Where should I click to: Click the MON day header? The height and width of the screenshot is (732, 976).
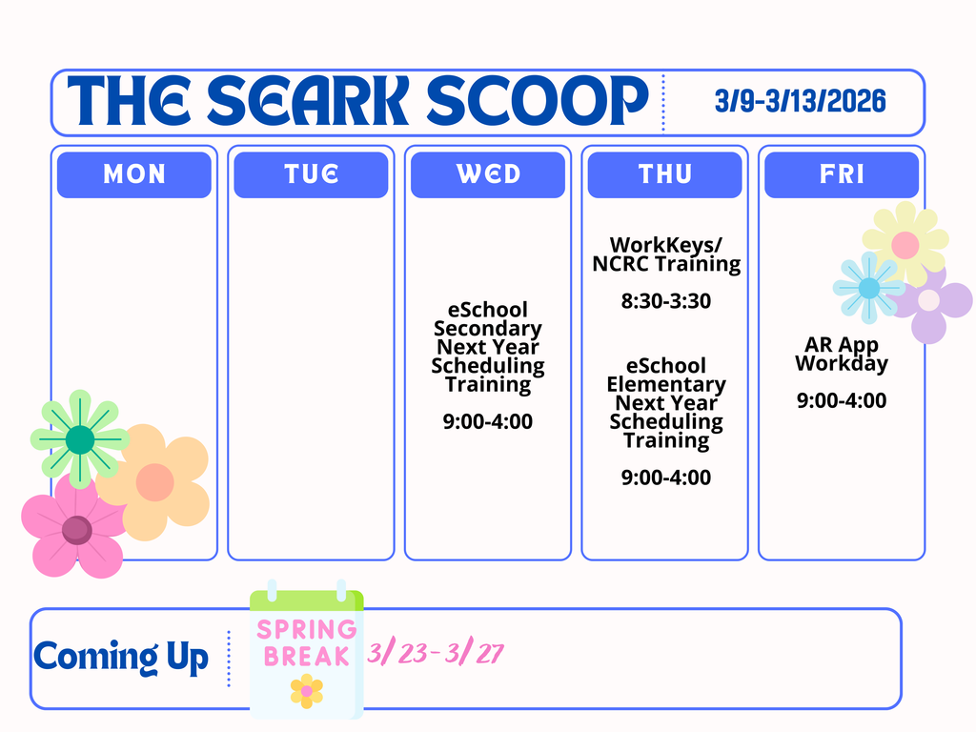pos(133,174)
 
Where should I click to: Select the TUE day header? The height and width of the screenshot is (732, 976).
pos(311,174)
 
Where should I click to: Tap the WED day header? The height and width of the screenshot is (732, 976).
pos(488,174)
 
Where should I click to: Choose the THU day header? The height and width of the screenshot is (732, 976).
pos(664,174)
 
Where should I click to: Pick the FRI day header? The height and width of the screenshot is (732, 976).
pos(842,174)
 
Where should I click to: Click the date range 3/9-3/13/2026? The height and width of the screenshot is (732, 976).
pos(800,101)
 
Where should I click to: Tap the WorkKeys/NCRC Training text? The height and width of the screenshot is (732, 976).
pos(666,254)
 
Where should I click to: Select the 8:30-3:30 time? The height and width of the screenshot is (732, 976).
pos(666,302)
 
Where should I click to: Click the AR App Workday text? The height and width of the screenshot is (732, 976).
pos(842,355)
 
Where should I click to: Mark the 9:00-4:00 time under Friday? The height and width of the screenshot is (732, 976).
pos(842,401)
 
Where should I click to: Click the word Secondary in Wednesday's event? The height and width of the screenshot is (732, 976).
pos(488,329)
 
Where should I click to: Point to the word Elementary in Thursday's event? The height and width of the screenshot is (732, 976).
pos(666,385)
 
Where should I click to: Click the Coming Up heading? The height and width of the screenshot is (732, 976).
pos(121,657)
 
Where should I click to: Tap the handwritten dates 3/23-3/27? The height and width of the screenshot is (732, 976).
pos(436,654)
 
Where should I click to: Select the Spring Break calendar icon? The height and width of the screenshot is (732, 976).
pos(307,653)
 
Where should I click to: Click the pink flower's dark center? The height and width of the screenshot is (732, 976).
pos(76,529)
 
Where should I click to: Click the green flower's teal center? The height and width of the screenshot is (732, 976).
pos(80,439)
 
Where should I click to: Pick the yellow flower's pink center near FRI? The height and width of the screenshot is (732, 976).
pos(905,244)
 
